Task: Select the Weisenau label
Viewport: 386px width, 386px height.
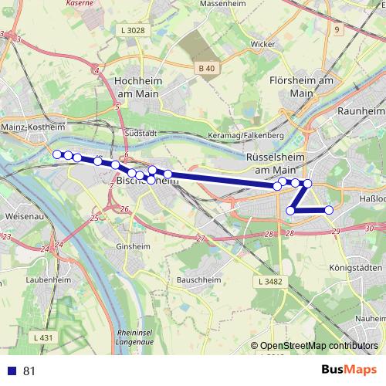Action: point(20,218)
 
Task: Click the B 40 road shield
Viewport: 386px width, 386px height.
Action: point(206,68)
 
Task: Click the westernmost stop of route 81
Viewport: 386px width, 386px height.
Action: point(56,154)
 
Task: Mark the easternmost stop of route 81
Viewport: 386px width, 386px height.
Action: point(329,210)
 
